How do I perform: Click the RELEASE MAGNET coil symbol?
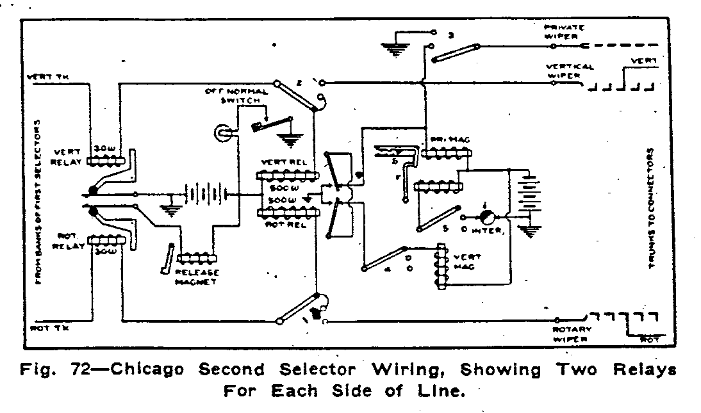[x=199, y=258]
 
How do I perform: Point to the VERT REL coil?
[x=281, y=176]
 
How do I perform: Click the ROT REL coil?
[x=281, y=213]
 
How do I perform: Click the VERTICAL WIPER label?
[x=570, y=70]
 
